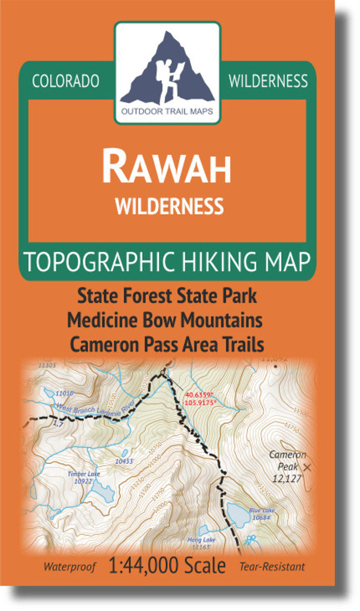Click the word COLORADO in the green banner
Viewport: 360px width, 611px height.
[x=66, y=81]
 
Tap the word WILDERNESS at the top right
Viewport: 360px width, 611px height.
[x=268, y=81]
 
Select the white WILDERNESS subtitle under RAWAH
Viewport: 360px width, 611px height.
[x=169, y=206]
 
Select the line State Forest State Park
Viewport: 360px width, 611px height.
[x=167, y=296]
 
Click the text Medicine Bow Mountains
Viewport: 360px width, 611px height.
[x=165, y=320]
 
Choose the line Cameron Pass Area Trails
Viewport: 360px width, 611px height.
[x=167, y=344]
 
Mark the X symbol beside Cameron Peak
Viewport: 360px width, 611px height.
[x=309, y=468]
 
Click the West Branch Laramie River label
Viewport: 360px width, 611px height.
[x=92, y=410]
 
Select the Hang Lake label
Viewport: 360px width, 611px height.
[x=197, y=539]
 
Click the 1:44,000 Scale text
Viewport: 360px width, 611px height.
[x=168, y=566]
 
